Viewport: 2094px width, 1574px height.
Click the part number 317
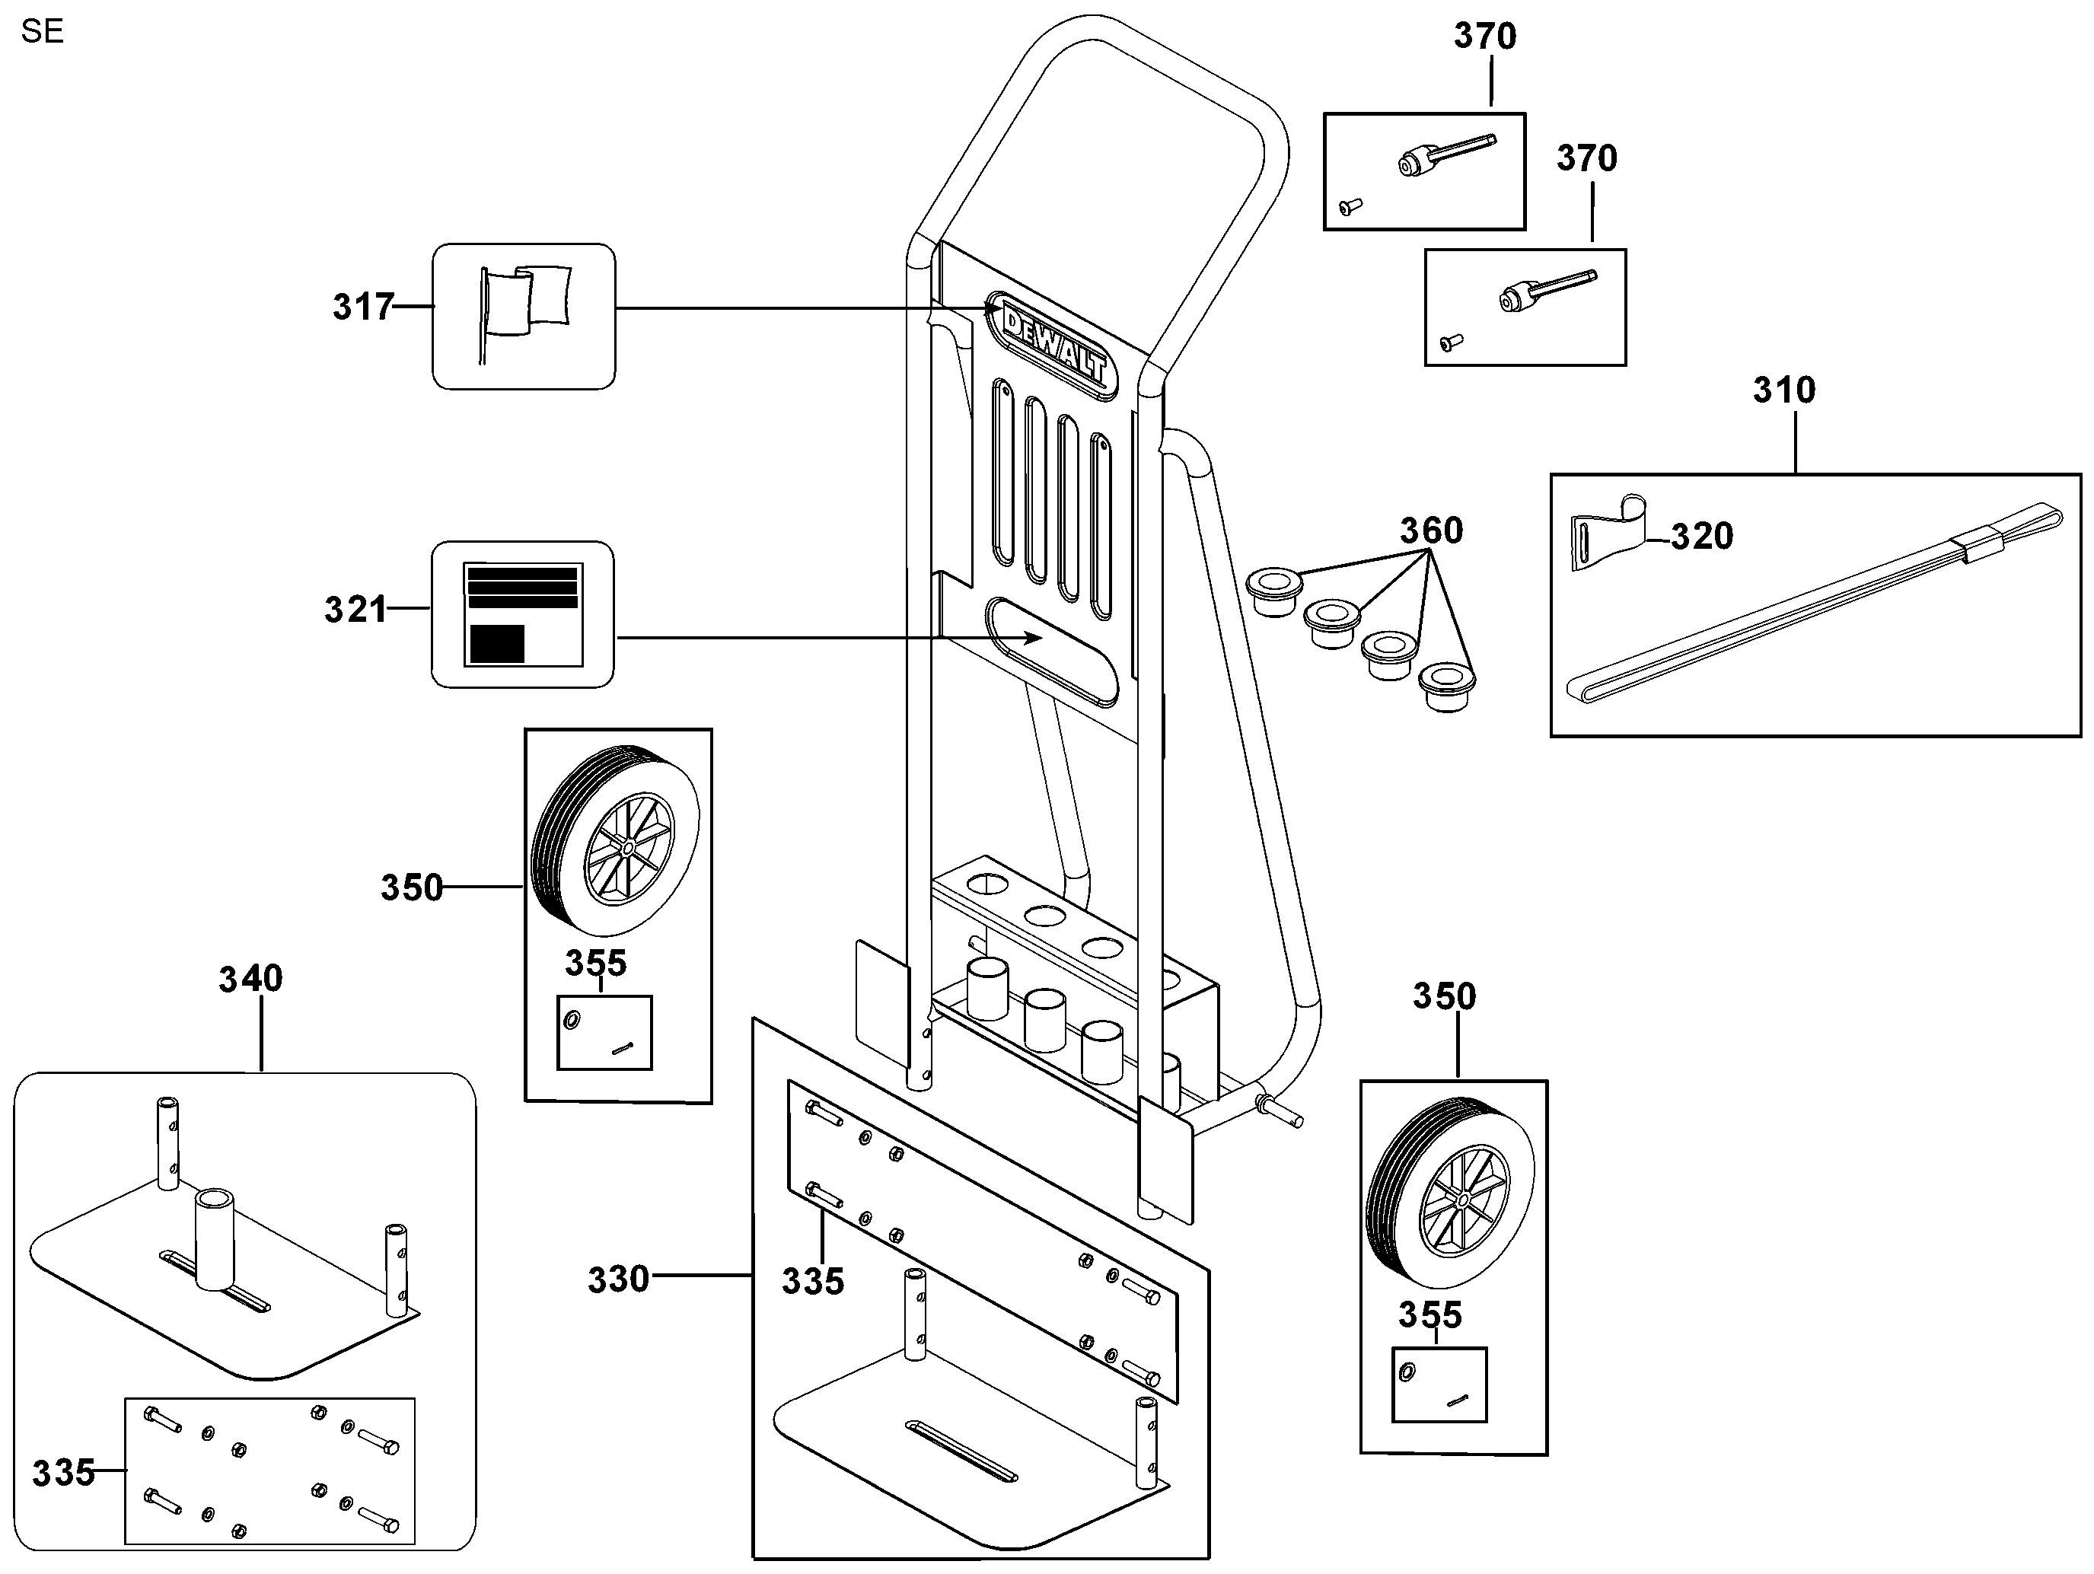point(362,307)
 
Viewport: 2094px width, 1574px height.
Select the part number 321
point(356,610)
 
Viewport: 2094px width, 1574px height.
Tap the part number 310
point(1783,390)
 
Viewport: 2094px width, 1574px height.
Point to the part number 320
point(1701,537)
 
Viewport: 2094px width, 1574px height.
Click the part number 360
point(1431,530)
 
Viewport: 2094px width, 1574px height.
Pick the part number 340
point(251,979)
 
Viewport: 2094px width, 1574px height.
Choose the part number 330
point(618,1279)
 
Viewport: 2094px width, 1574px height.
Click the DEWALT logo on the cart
point(1053,346)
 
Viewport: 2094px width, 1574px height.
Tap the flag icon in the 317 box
point(524,312)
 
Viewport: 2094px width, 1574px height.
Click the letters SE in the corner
point(42,31)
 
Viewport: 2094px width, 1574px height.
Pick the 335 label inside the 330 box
point(812,1282)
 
